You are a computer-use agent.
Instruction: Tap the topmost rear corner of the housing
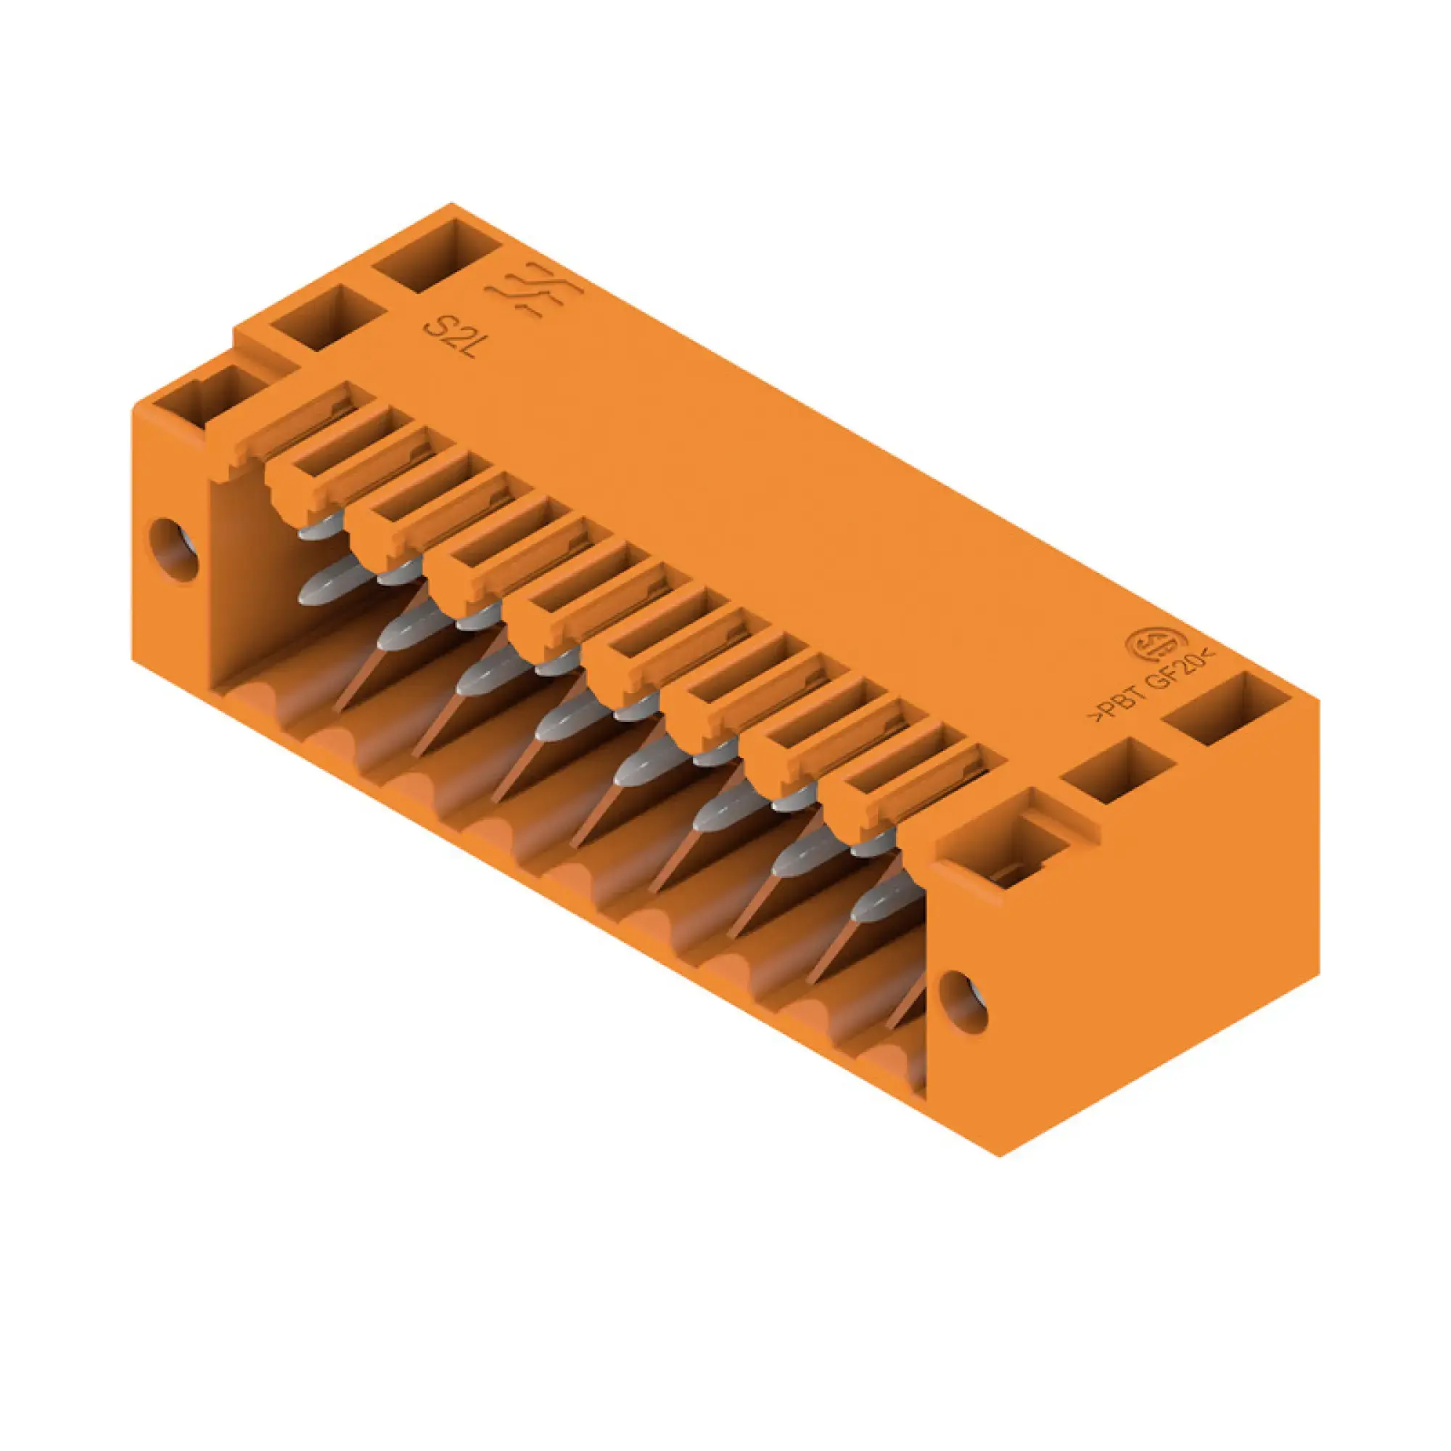coord(451,204)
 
